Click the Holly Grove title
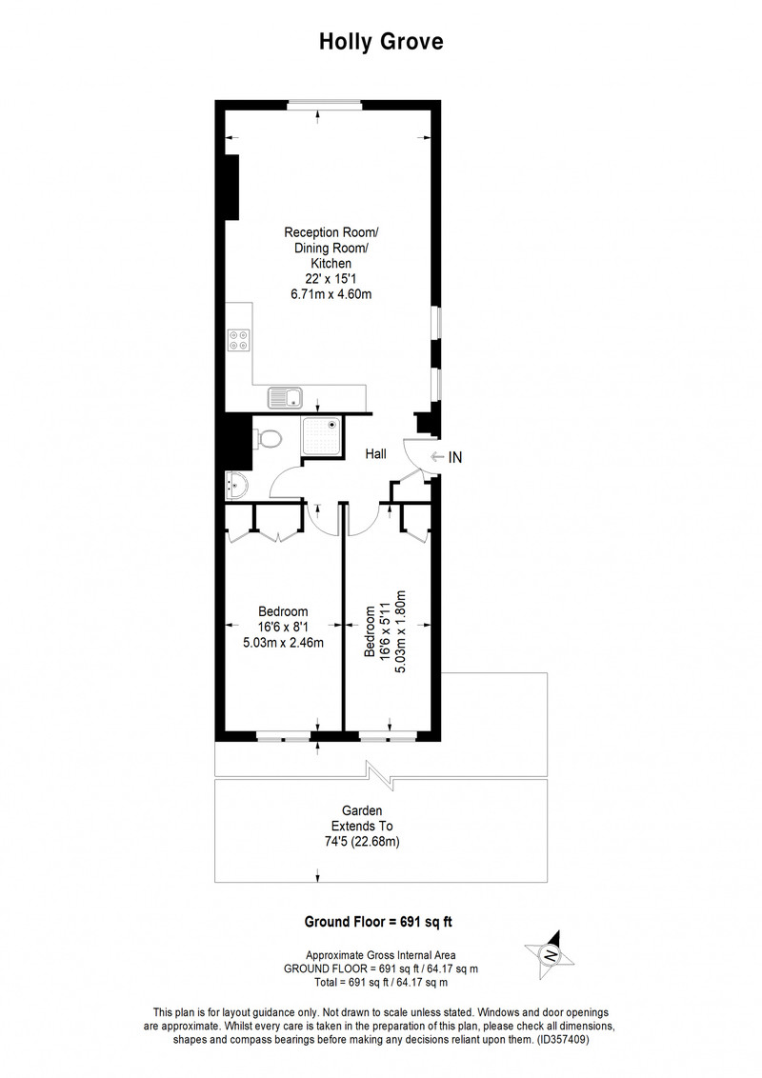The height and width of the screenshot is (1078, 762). click(381, 42)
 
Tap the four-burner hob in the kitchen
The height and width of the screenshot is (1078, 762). click(239, 339)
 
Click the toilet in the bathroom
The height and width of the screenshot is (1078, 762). click(269, 438)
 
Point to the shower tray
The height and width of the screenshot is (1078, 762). click(322, 438)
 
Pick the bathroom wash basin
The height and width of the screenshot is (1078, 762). click(235, 486)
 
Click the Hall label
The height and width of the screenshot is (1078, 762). click(375, 453)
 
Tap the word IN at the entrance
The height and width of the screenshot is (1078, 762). click(455, 456)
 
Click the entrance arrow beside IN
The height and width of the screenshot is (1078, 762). click(436, 456)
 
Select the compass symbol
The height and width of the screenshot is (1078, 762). click(550, 955)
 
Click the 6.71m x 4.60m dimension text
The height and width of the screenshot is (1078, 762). click(331, 294)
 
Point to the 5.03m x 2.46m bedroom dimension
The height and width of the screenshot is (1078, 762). click(283, 643)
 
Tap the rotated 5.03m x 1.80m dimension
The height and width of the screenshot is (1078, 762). click(402, 630)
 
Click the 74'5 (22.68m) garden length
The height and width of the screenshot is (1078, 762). click(362, 842)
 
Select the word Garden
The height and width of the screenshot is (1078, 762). click(362, 811)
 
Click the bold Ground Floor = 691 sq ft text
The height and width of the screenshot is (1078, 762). click(378, 922)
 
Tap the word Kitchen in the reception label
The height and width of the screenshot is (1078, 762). click(331, 264)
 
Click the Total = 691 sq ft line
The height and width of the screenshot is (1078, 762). click(381, 983)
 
